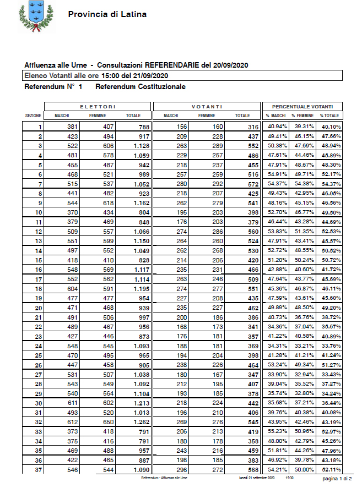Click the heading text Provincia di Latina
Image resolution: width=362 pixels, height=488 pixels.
point(107,14)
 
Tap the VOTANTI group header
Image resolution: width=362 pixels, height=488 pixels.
point(207,106)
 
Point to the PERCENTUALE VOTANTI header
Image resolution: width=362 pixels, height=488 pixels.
point(302,106)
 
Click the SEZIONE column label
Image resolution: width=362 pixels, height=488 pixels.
point(34,116)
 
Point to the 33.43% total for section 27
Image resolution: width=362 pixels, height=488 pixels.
point(330,374)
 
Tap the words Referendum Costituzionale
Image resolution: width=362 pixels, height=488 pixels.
point(141,87)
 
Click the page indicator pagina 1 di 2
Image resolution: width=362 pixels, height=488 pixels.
point(337,480)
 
